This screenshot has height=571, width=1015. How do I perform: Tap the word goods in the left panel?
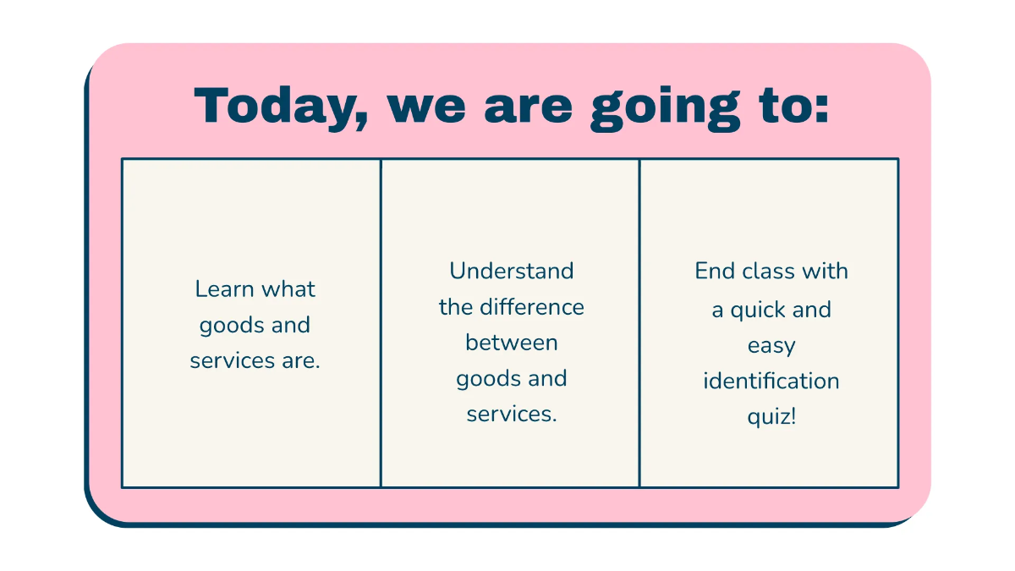click(x=231, y=326)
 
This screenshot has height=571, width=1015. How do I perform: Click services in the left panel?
click(x=230, y=361)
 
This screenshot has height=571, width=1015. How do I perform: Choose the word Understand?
click(x=511, y=271)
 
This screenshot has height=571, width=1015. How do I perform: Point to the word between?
click(x=511, y=343)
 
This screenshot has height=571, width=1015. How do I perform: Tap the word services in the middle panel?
click(x=511, y=415)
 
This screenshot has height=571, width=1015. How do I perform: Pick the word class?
click(x=764, y=271)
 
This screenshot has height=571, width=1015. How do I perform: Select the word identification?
click(x=771, y=381)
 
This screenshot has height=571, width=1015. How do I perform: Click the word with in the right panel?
click(x=825, y=271)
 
